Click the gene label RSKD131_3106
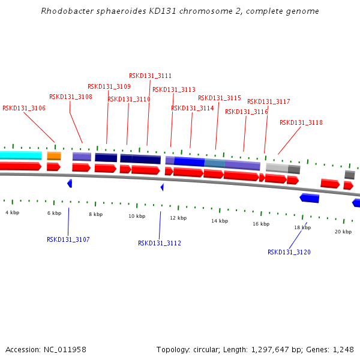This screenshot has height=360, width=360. pyautogui.click(x=24, y=109)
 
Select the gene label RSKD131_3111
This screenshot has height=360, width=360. pyautogui.click(x=150, y=76)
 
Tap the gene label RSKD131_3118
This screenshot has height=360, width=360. pyautogui.click(x=301, y=122)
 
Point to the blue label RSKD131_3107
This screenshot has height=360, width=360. pyautogui.click(x=68, y=239)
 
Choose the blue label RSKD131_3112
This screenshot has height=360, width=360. pyautogui.click(x=160, y=243)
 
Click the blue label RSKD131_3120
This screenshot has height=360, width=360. pyautogui.click(x=289, y=252)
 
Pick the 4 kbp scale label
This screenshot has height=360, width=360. pyautogui.click(x=12, y=212)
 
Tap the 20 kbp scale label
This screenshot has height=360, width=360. pyautogui.click(x=343, y=231)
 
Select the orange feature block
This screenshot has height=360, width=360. pyautogui.click(x=54, y=156)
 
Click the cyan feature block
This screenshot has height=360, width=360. pyautogui.click(x=20, y=155)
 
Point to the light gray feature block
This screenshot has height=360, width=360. pyautogui.click(x=277, y=168)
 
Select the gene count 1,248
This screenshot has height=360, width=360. pyautogui.click(x=343, y=349)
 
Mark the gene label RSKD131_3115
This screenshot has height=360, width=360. pyautogui.click(x=220, y=98)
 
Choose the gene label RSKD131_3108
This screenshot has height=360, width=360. pyautogui.click(x=71, y=97)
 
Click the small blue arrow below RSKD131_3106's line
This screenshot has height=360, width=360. pyautogui.click(x=70, y=183)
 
